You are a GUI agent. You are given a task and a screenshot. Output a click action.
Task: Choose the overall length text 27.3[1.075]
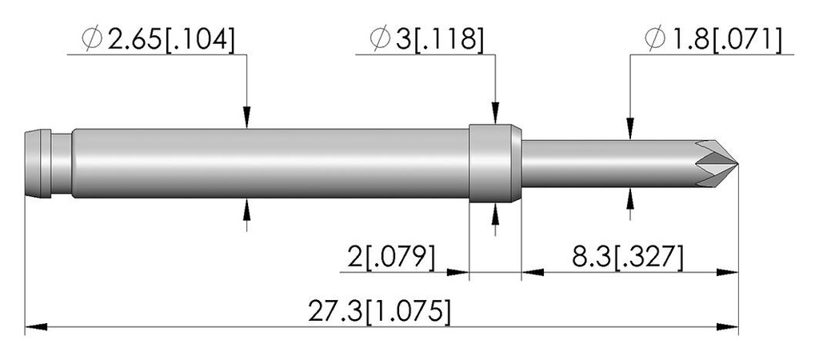[378, 312]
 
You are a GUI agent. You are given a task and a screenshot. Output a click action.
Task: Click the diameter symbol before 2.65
[93, 39]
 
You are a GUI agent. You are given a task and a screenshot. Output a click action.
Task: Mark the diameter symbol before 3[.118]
[380, 39]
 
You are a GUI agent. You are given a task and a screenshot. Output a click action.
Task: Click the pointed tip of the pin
[737, 164]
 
